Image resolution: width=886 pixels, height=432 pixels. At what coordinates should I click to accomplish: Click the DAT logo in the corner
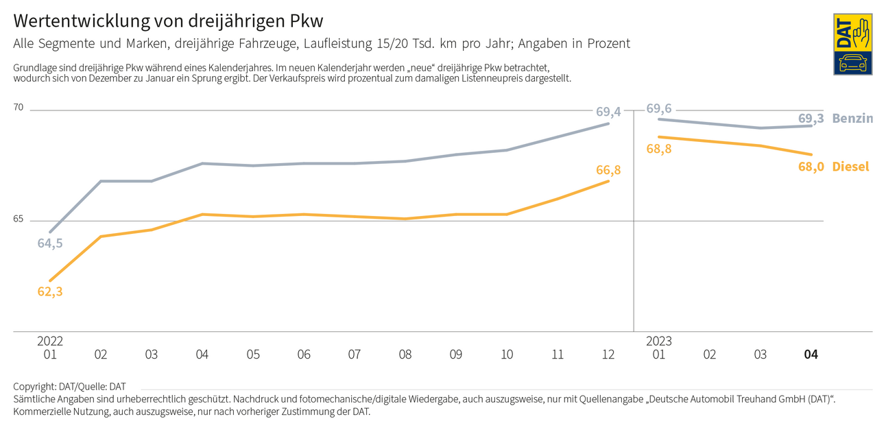(x=852, y=44)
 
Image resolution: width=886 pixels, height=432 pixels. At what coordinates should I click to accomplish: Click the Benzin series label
(x=852, y=119)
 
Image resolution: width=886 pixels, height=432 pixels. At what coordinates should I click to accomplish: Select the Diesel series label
(x=850, y=167)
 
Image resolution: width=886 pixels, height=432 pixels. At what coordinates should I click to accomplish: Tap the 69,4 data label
(x=608, y=111)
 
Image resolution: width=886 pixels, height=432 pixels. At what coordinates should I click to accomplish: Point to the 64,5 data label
(x=50, y=243)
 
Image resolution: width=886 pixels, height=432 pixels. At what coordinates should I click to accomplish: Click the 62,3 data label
(x=50, y=291)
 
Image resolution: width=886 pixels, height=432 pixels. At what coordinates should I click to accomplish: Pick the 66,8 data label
(x=608, y=170)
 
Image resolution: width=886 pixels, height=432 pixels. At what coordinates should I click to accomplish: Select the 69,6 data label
(x=659, y=108)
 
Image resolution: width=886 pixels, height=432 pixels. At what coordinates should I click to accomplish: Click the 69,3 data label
(x=811, y=119)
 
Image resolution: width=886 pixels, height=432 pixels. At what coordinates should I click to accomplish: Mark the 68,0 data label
(x=811, y=167)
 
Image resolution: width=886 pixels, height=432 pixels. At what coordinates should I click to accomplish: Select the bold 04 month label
(x=811, y=355)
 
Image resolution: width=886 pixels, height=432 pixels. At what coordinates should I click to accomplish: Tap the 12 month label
(x=608, y=355)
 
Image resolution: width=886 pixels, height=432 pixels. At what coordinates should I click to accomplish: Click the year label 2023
(x=659, y=341)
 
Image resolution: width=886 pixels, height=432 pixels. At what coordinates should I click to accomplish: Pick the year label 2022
(x=50, y=341)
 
